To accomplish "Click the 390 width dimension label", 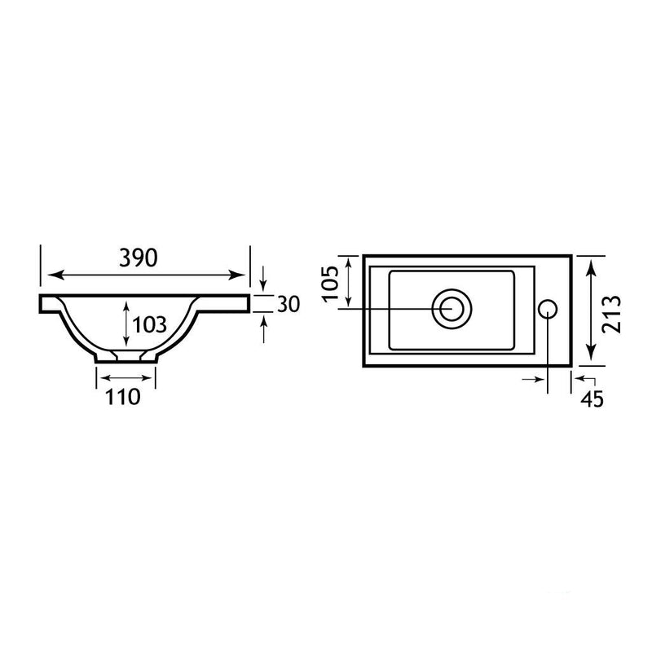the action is click(x=139, y=258).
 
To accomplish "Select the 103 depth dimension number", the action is click(x=149, y=324).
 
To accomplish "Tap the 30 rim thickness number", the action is click(x=289, y=304).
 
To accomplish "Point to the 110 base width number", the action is click(x=123, y=397).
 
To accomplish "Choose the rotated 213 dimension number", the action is click(x=612, y=314).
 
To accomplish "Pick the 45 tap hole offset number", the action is click(x=593, y=399).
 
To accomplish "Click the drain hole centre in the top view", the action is click(x=452, y=309).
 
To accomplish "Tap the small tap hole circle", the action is click(x=548, y=309).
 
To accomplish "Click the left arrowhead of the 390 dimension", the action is click(x=55, y=275).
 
